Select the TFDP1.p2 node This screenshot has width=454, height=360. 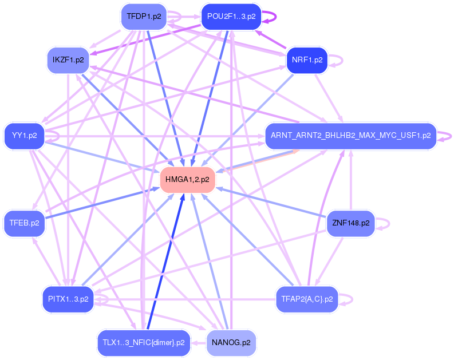143,17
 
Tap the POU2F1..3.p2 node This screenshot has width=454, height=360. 231,17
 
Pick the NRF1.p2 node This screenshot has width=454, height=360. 307,60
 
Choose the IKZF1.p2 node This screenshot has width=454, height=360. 68,60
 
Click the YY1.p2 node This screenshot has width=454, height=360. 24,136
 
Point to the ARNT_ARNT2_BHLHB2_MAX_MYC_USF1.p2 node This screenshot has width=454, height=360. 350,136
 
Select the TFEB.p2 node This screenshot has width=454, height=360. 24,223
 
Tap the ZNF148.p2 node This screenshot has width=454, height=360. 350,223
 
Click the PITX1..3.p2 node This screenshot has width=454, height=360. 68,299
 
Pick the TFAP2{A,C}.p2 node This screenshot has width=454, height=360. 307,299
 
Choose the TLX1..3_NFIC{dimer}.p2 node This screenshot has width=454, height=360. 143,342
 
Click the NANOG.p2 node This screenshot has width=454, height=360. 231,342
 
